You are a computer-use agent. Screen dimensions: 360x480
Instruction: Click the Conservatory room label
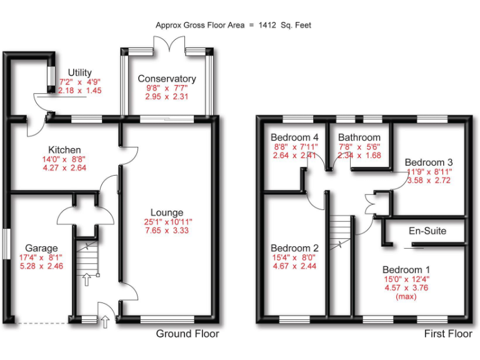point(167,79)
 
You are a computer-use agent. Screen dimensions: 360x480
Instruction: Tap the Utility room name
point(80,73)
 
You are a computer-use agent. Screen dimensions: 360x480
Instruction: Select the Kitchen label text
point(64,150)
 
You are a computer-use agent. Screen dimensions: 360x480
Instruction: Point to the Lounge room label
point(166,212)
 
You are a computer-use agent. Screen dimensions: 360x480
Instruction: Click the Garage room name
point(41,247)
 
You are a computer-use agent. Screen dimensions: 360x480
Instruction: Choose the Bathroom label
point(359,137)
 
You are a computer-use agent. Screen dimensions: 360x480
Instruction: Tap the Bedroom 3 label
point(428,162)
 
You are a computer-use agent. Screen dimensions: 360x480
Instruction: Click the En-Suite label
point(427,231)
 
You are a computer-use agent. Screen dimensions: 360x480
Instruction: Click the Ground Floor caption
point(187,334)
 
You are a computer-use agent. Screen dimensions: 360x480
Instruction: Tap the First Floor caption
point(448,334)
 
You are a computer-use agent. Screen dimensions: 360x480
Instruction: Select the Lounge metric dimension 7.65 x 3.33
point(166,231)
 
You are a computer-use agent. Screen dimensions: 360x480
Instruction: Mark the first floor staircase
point(341,232)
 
